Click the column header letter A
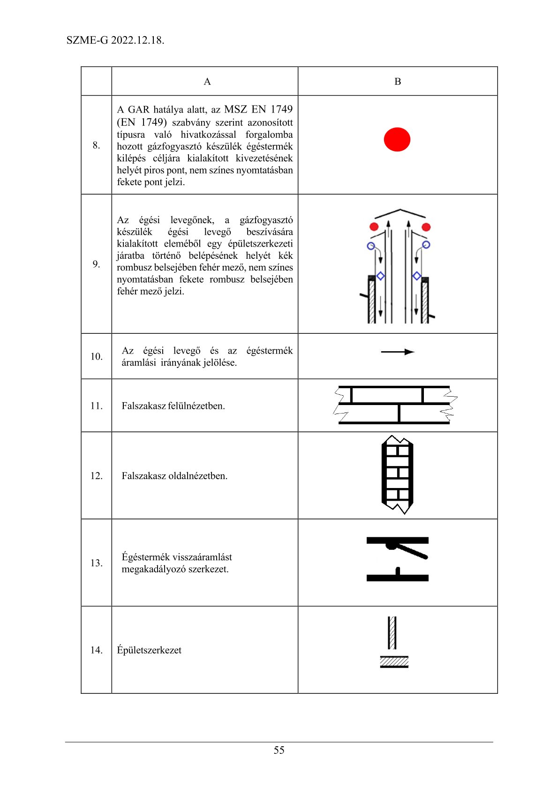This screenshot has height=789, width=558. pyautogui.click(x=207, y=82)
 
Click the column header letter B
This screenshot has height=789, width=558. pyautogui.click(x=398, y=82)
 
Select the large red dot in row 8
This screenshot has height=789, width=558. pyautogui.click(x=397, y=140)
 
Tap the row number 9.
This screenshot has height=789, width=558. pyautogui.click(x=96, y=264)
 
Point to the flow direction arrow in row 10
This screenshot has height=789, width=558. pyautogui.click(x=398, y=352)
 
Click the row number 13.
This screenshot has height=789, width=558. pyautogui.click(x=96, y=563)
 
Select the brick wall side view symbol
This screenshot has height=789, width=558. pyautogui.click(x=397, y=475)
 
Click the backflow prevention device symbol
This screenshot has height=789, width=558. pyautogui.click(x=397, y=559)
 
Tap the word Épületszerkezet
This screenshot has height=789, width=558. pyautogui.click(x=149, y=650)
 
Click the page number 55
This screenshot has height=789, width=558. pyautogui.click(x=279, y=750)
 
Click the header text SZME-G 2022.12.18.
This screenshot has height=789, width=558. pyautogui.click(x=115, y=40)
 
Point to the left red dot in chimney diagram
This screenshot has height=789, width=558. pyautogui.click(x=374, y=227)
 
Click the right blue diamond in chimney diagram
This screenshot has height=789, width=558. pyautogui.click(x=416, y=276)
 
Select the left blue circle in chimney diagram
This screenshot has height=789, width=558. pyautogui.click(x=371, y=246)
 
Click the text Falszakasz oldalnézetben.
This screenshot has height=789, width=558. pyautogui.click(x=174, y=476)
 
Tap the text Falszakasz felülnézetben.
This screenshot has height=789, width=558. pyautogui.click(x=173, y=406)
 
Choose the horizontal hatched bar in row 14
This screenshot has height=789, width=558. pyautogui.click(x=394, y=662)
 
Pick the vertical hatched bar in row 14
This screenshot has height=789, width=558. pyautogui.click(x=392, y=632)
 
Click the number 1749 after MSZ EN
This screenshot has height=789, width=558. pyautogui.click(x=281, y=109)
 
